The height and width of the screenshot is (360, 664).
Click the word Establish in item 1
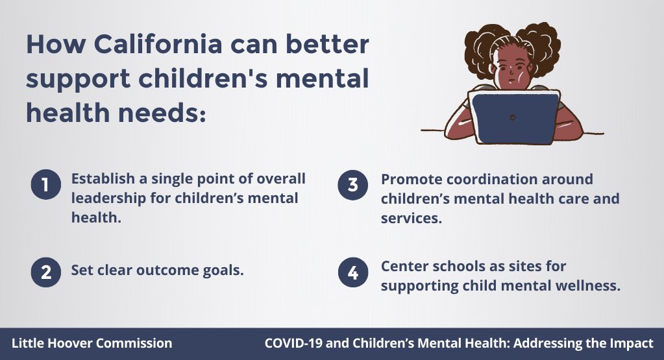[x=103, y=178]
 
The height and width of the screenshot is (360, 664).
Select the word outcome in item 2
[x=167, y=270]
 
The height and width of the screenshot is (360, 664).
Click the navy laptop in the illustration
[x=513, y=117]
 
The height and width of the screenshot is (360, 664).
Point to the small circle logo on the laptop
[x=513, y=117]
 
